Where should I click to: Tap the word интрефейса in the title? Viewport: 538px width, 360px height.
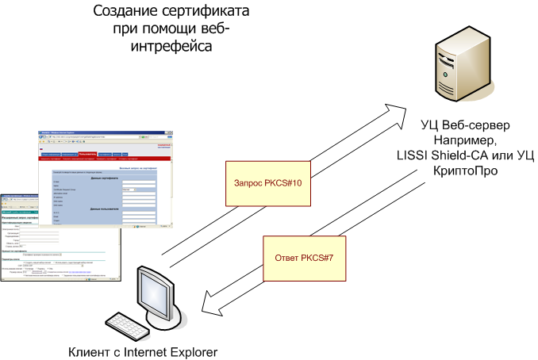pos(172,48)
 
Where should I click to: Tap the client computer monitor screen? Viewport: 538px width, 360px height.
pos(155,289)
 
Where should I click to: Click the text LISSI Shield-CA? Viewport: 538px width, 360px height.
pos(445,155)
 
